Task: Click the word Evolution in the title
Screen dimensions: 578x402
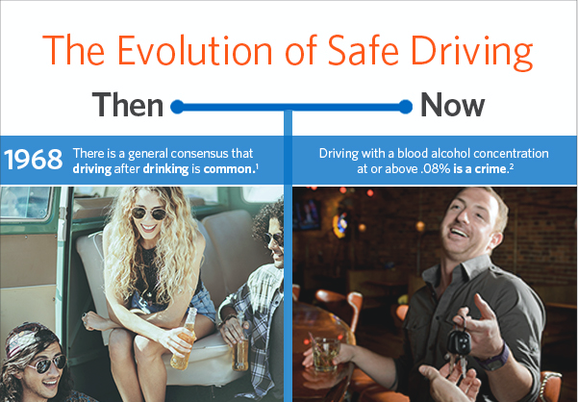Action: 194,50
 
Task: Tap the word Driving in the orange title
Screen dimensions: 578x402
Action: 472,53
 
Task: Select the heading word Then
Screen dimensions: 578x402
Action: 128,105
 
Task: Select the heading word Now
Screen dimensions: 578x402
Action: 453,105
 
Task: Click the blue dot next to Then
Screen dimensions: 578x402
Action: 177,107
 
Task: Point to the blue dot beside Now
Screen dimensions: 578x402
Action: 405,107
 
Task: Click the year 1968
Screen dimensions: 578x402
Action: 33,160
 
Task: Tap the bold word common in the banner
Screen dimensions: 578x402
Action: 227,169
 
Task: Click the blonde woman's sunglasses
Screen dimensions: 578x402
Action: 149,213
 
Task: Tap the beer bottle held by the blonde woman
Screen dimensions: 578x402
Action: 184,339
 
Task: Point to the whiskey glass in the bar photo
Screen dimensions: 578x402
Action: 325,354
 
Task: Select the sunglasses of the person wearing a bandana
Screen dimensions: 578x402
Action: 47,364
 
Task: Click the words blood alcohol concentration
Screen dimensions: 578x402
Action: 472,153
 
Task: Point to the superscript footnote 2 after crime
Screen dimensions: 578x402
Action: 511,166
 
